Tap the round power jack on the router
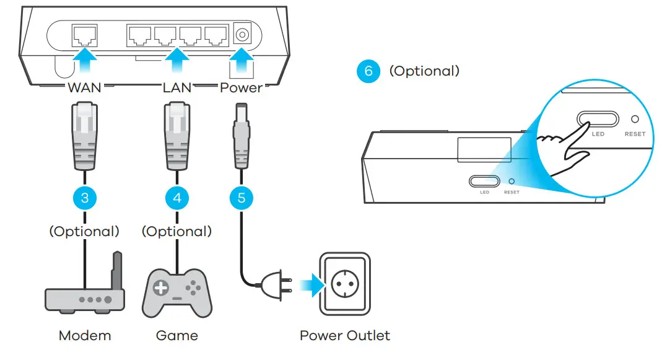pos(242,35)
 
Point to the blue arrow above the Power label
pos(242,64)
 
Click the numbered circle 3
pos(84,198)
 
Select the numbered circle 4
pos(177,198)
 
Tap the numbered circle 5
pos(242,198)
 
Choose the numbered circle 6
pos(368,71)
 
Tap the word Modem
pos(85,336)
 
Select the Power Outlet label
pos(345,336)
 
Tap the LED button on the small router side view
pos(484,181)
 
